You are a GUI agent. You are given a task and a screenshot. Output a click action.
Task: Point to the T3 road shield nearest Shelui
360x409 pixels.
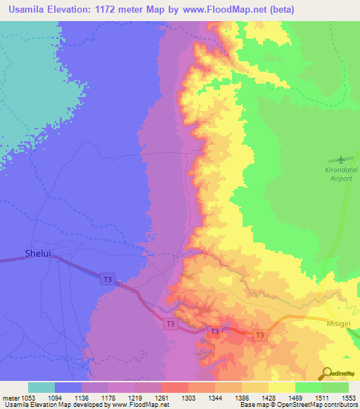click(x=107, y=279)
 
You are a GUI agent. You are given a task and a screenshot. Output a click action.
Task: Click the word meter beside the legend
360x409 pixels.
click(x=11, y=397)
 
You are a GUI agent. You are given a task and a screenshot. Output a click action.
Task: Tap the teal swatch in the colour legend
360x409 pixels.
click(x=41, y=387)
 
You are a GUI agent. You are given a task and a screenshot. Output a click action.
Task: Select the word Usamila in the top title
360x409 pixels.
click(x=26, y=9)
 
